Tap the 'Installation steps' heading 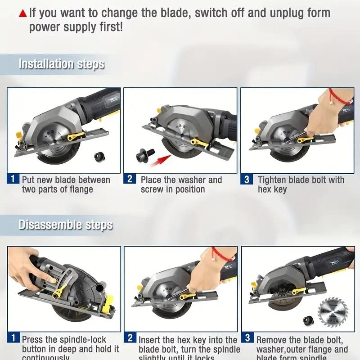61,64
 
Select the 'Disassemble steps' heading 65,225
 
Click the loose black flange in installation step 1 99,157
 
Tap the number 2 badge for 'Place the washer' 130,179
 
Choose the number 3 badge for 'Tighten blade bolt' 247,180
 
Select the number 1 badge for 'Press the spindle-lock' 14,338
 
